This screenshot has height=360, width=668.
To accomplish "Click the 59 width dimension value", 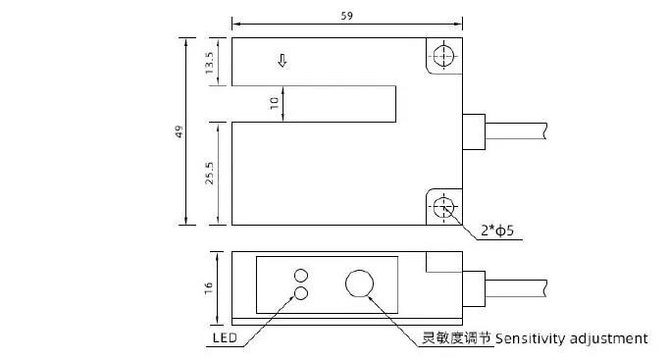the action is (347, 16).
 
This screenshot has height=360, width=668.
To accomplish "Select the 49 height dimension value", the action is (180, 131).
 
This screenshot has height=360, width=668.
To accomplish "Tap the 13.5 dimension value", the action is (209, 63).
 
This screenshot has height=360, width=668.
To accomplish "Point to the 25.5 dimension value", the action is (209, 173).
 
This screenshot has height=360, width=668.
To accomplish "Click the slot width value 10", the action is (275, 103).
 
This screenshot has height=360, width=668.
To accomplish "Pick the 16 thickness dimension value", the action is (208, 288).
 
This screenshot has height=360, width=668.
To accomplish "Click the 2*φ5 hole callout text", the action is (497, 231).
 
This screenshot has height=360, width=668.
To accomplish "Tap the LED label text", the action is (225, 338).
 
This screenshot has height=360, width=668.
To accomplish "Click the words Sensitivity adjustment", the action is (571, 338).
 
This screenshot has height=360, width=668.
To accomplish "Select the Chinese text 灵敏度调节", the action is (456, 338).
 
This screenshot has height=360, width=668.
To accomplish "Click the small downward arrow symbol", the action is (283, 61).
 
